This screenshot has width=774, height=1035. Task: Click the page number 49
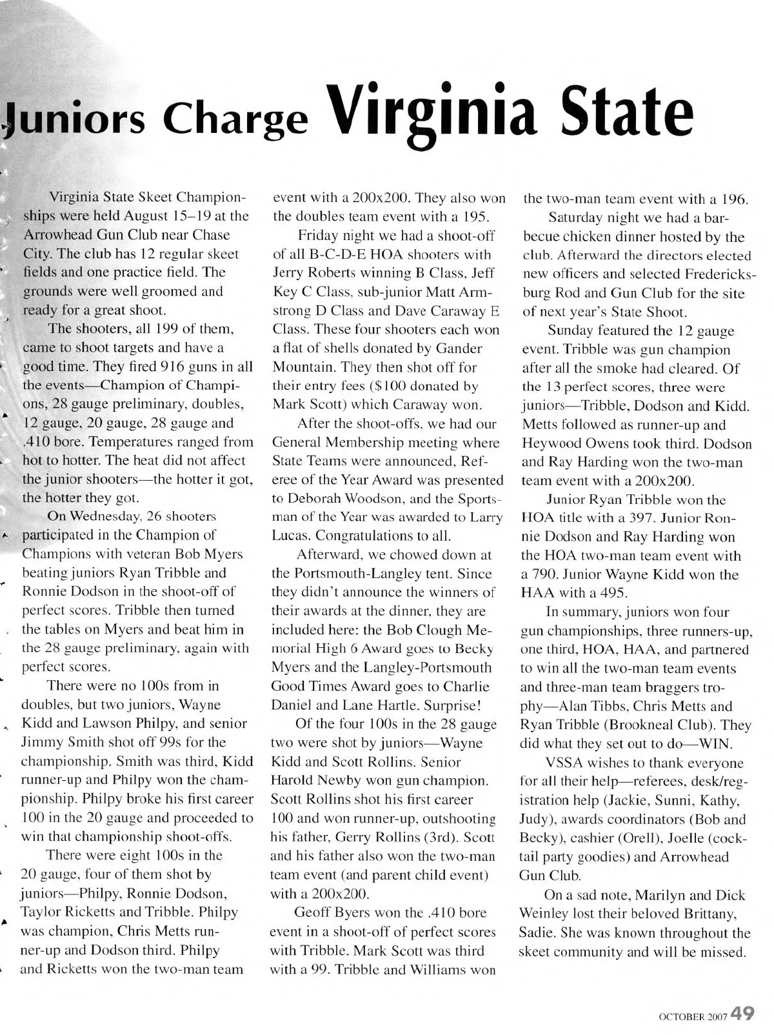point(743,1012)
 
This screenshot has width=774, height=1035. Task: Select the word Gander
point(459,348)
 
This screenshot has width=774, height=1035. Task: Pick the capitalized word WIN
point(714,743)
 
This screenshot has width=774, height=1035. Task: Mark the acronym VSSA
point(565,763)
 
